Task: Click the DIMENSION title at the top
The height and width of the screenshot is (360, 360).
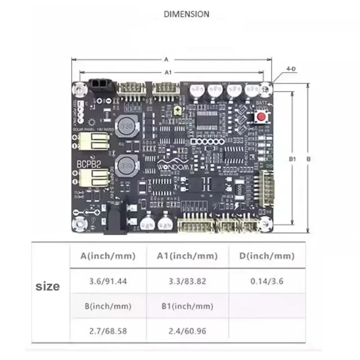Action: click(186, 14)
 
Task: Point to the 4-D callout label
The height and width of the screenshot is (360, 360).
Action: click(291, 69)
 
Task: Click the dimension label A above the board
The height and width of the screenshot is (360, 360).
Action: click(166, 59)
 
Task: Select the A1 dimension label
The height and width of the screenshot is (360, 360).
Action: click(168, 72)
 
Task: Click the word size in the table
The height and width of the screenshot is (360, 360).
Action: click(48, 286)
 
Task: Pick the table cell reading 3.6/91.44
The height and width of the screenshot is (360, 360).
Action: click(108, 281)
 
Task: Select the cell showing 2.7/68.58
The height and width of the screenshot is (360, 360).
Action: click(108, 331)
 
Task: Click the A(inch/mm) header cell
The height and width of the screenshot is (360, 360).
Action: click(108, 256)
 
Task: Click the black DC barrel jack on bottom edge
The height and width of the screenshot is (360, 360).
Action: click(113, 222)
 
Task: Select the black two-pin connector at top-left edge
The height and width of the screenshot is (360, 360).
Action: click(99, 85)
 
